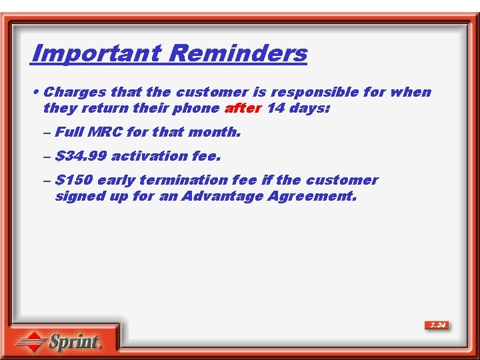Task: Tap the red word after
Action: (243, 108)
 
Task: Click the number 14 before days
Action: (275, 108)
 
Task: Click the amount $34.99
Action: (81, 156)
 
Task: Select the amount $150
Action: (74, 180)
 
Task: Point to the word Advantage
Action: (223, 196)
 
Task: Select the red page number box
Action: (437, 325)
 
